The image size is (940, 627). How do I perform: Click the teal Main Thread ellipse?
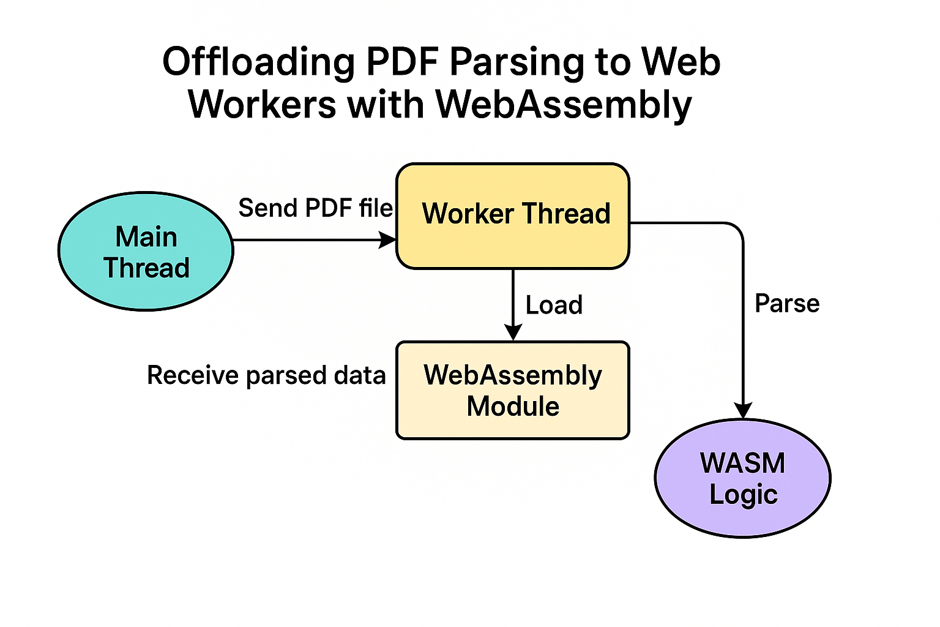coord(146,251)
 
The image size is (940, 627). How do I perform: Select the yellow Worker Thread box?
coord(513,216)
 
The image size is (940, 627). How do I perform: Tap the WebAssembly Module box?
coord(513,390)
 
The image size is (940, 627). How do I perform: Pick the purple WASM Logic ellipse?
coord(743,478)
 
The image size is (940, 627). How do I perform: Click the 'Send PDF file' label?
coord(316,208)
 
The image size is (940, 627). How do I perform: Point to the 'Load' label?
coord(554,305)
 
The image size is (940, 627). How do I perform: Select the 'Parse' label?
coord(787,304)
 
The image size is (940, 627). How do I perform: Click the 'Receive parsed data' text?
coord(266,375)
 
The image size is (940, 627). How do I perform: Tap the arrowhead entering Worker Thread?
coord(387,240)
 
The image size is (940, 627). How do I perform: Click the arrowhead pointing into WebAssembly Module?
coord(513,332)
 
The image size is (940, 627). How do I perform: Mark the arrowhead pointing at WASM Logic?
coord(743,410)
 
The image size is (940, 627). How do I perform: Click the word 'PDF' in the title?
coord(402,62)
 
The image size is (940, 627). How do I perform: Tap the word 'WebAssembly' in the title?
coord(563,104)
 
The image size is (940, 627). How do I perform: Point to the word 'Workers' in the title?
coord(263,104)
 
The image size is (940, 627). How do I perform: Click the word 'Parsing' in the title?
coord(517,63)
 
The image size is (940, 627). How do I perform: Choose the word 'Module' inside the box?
coord(513,406)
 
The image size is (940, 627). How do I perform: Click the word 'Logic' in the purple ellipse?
coord(744,495)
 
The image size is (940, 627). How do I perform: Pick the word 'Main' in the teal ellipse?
coord(146,237)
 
